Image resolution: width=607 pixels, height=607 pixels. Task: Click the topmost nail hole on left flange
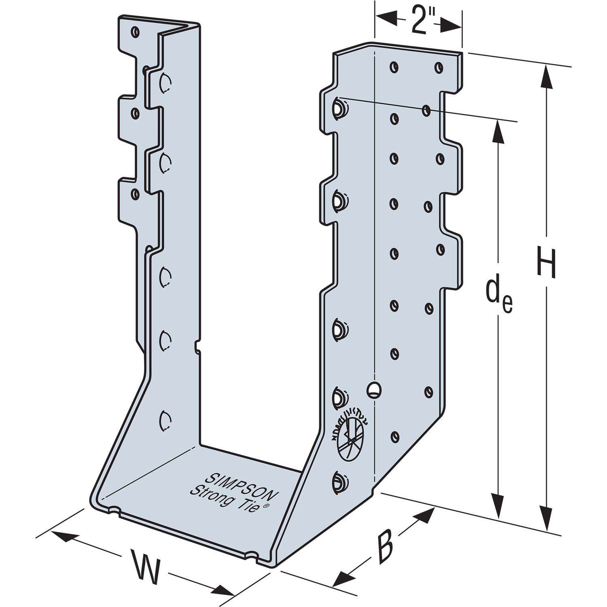pyautogui.click(x=135, y=31)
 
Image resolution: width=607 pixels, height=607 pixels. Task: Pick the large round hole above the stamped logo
pyautogui.click(x=374, y=389)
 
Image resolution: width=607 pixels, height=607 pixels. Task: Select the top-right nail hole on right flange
pyautogui.click(x=438, y=67)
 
